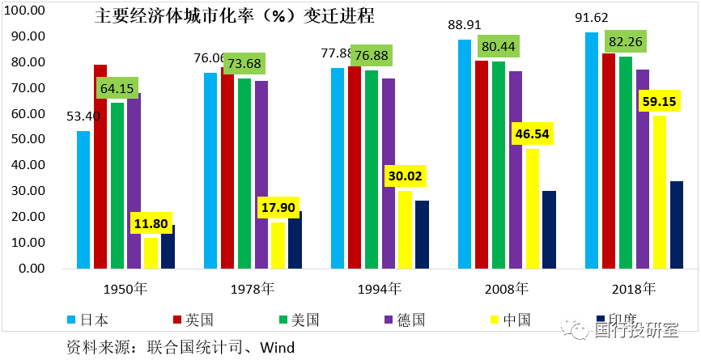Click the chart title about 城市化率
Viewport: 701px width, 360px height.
235,16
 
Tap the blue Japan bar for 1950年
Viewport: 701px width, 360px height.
83,199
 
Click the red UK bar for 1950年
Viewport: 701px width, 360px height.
100,166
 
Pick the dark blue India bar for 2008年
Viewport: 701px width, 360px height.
549,229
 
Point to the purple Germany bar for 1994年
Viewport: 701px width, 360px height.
389,173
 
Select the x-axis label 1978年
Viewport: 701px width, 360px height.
253,288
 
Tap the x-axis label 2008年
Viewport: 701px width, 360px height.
507,288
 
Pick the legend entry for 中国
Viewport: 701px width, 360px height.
516,319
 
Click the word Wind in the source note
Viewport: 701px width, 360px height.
277,347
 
